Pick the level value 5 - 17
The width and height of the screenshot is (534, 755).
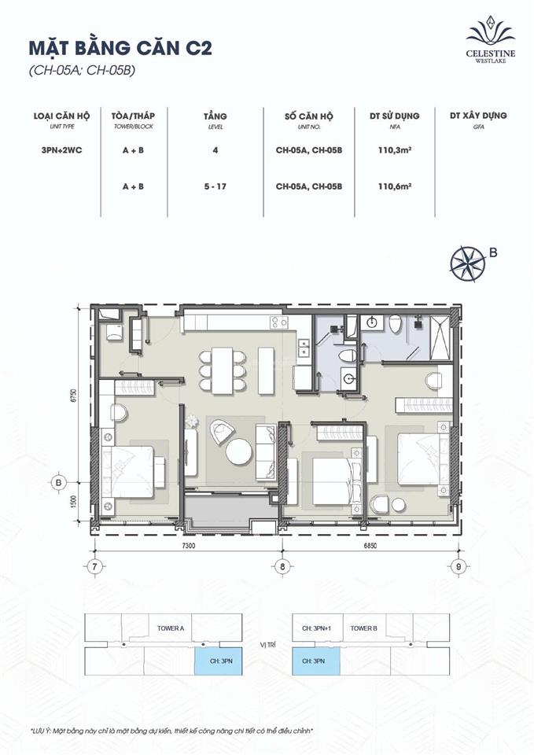coord(215,186)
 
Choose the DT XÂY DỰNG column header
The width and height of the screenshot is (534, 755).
coord(477,116)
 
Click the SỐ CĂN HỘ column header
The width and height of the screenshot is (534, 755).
coord(308,116)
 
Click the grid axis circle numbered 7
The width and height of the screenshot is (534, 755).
coord(94,566)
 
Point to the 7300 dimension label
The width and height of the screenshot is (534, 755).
coord(189,545)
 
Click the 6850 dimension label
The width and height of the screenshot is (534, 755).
coord(372,545)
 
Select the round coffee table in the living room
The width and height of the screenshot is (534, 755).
coord(239,451)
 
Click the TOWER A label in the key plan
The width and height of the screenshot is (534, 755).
coord(171,628)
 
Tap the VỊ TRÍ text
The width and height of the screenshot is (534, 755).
coord(267,645)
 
